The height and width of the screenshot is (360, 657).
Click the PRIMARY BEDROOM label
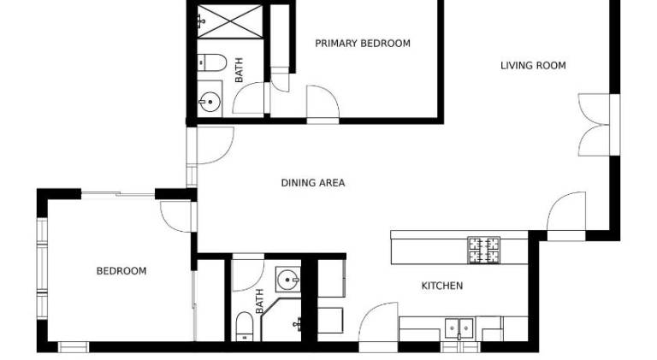[363, 44]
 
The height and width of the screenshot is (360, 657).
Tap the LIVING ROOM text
[533, 66]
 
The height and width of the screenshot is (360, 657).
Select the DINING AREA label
[313, 183]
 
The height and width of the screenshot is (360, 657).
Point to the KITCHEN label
[442, 286]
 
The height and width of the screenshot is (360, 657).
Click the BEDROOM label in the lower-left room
[121, 271]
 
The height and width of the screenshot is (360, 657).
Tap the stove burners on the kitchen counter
[484, 251]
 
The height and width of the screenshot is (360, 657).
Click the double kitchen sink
[459, 328]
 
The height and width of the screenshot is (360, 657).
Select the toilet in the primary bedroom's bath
[211, 62]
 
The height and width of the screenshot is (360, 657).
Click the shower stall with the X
[229, 21]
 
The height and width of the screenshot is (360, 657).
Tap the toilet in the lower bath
[245, 327]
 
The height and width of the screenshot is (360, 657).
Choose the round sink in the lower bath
[287, 280]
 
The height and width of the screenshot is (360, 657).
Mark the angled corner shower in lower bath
[281, 320]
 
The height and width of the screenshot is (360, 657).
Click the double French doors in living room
[595, 125]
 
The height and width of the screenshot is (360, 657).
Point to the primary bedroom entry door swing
[323, 102]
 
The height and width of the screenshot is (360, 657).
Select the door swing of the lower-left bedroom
[176, 216]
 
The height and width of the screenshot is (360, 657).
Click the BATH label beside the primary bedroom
[239, 70]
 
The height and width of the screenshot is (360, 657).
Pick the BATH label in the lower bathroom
[260, 301]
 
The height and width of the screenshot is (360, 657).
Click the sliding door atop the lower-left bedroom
[118, 194]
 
